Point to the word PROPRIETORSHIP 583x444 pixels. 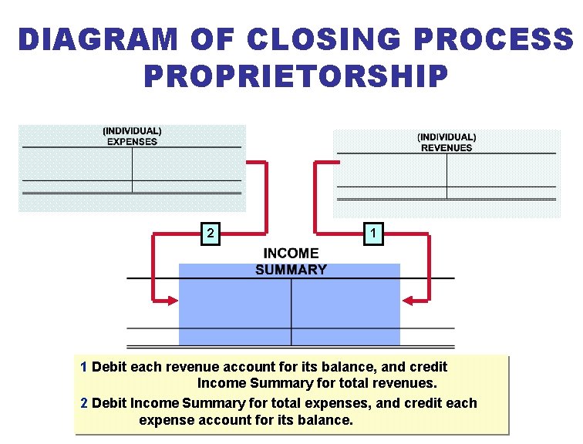pyautogui.click(x=295, y=76)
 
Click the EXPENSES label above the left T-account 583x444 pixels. pyautogui.click(x=132, y=142)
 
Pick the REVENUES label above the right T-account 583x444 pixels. pyautogui.click(x=447, y=148)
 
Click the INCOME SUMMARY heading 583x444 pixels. pyautogui.click(x=291, y=261)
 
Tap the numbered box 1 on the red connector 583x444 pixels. pyautogui.click(x=372, y=232)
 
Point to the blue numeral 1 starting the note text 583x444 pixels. pyautogui.click(x=84, y=367)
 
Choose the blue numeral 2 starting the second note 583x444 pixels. pyautogui.click(x=84, y=403)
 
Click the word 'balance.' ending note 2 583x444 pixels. pyautogui.click(x=329, y=420)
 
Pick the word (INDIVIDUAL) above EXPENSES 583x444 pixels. pyautogui.click(x=132, y=131)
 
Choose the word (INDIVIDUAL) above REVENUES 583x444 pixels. pyautogui.click(x=447, y=137)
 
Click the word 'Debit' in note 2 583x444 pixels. pyautogui.click(x=109, y=403)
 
